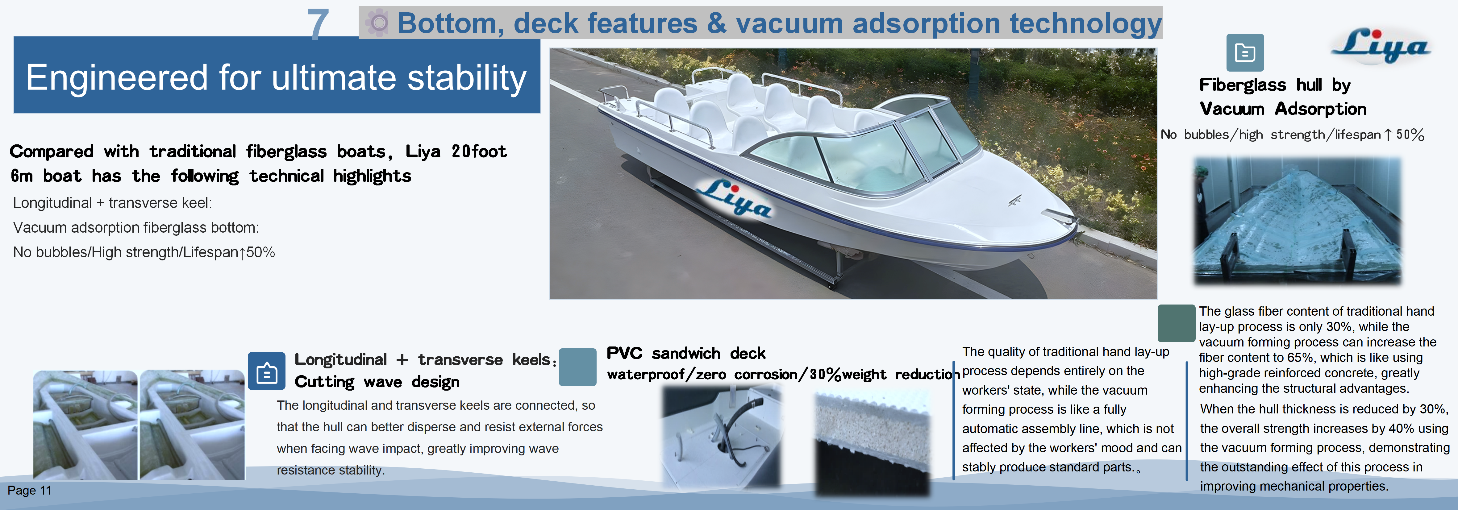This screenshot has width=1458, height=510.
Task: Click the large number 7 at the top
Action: [x=318, y=24]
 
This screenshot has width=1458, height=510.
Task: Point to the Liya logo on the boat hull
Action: [x=734, y=198]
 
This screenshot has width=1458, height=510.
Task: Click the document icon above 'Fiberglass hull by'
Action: [x=1245, y=53]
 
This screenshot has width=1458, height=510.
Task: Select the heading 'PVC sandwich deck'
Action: [x=685, y=353]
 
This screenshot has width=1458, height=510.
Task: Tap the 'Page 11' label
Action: [x=29, y=490]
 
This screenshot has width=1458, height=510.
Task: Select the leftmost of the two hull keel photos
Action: [x=85, y=425]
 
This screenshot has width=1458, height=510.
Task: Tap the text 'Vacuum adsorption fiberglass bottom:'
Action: [x=136, y=228]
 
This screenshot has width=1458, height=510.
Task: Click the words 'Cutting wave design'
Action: [x=377, y=382]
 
